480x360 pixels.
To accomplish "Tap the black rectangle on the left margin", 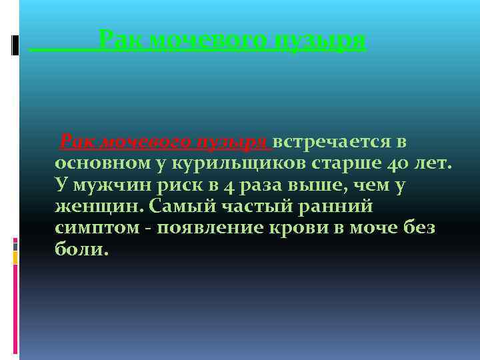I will pyautogui.click(x=15, y=45).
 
